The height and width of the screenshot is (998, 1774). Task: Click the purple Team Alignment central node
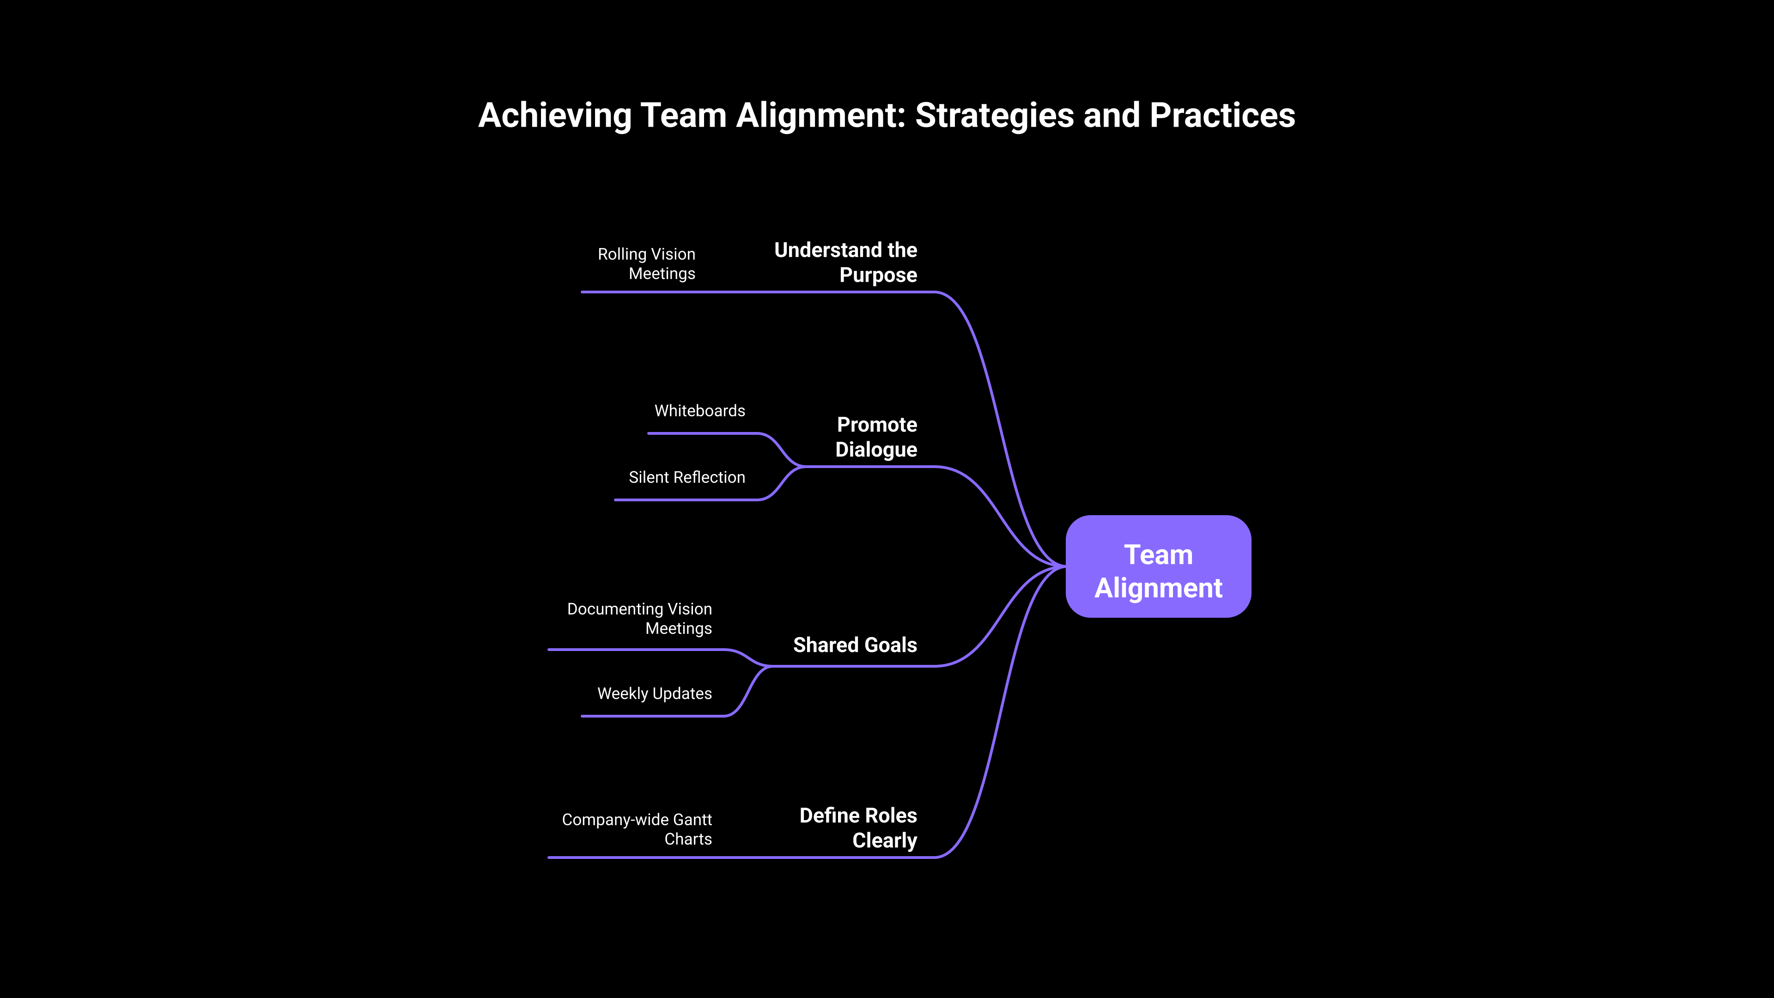pos(1158,566)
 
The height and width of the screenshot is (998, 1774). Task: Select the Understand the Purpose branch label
pos(846,262)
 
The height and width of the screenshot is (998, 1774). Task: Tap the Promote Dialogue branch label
pos(876,437)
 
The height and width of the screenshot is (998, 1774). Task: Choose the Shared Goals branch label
pos(855,645)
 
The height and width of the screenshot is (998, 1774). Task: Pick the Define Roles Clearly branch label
pos(858,828)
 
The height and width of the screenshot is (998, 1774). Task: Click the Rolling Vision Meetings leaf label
pos(647,264)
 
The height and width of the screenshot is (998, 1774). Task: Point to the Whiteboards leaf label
pos(700,410)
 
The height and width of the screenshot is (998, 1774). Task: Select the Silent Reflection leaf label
pos(687,477)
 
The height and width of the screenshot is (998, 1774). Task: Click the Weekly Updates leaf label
pos(654,694)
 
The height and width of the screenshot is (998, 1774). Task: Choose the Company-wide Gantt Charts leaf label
pos(637,829)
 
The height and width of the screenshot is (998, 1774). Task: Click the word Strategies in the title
pos(994,115)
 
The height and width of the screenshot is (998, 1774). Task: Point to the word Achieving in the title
pos(554,115)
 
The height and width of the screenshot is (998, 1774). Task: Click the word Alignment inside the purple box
pos(1158,588)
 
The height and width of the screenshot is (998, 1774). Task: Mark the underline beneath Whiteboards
pos(702,433)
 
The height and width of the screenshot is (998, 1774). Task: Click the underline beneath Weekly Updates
pos(654,716)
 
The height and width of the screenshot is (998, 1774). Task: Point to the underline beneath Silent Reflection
pos(685,500)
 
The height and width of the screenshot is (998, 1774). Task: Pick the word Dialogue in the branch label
pos(876,450)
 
